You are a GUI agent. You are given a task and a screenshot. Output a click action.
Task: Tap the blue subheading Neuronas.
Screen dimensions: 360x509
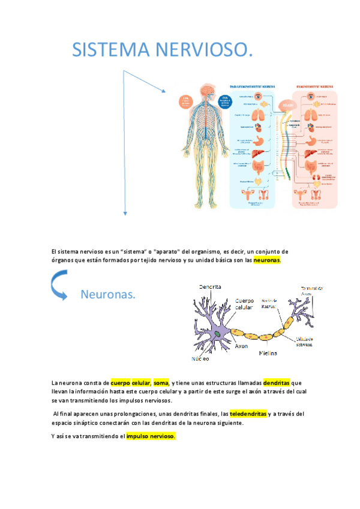click(x=107, y=295)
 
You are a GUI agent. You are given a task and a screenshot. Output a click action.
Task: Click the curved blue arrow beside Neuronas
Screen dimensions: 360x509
click(x=59, y=285)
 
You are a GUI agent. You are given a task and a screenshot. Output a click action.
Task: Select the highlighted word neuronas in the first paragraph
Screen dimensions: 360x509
click(x=267, y=261)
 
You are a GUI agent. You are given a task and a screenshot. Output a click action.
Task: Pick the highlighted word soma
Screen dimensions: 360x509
click(x=160, y=382)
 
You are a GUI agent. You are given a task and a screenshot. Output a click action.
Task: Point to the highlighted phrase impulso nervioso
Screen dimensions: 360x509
click(x=151, y=436)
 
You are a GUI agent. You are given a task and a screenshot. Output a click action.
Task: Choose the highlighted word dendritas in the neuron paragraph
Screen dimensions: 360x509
click(x=277, y=382)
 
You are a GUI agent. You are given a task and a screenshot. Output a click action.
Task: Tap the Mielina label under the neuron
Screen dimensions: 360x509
click(x=268, y=354)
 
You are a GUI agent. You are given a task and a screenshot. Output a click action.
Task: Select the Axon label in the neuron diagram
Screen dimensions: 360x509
click(x=241, y=346)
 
